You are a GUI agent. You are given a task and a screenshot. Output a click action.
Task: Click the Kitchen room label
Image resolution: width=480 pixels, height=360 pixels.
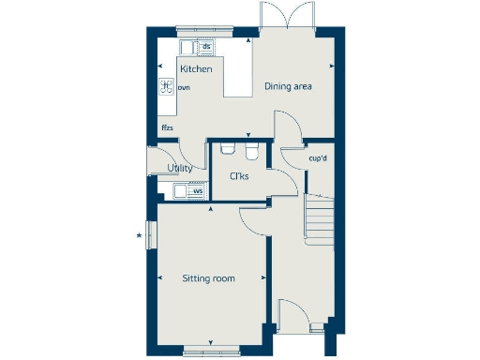click(x=196, y=69)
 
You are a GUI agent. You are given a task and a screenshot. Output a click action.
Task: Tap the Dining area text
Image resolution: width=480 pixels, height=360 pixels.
click(x=287, y=87)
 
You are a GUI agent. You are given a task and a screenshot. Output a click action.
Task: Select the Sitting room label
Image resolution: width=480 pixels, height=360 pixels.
click(x=208, y=278)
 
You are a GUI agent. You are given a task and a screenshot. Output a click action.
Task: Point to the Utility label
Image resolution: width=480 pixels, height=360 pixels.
click(x=180, y=169)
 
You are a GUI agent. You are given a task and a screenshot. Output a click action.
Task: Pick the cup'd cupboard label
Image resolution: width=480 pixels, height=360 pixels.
click(x=318, y=158)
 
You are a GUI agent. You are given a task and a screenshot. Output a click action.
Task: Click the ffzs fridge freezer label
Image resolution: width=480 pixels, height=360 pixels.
click(x=168, y=127)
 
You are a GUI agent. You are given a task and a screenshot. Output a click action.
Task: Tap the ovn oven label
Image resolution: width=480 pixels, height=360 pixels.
click(x=184, y=87)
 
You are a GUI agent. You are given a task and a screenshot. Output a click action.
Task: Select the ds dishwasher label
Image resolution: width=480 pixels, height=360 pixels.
click(x=206, y=46)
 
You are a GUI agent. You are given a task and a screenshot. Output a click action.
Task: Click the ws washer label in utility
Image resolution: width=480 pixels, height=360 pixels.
click(x=197, y=191)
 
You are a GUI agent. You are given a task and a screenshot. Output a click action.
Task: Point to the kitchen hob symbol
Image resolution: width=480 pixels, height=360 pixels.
click(x=166, y=87)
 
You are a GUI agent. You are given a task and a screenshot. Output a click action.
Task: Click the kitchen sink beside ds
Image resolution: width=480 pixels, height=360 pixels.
click(x=188, y=46)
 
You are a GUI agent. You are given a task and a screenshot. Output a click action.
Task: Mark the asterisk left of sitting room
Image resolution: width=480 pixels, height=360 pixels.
click(x=140, y=235)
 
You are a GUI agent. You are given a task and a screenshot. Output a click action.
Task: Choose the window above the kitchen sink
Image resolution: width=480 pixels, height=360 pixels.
click(x=196, y=29)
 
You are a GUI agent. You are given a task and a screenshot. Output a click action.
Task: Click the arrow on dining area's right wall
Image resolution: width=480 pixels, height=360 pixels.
click(x=333, y=67)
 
